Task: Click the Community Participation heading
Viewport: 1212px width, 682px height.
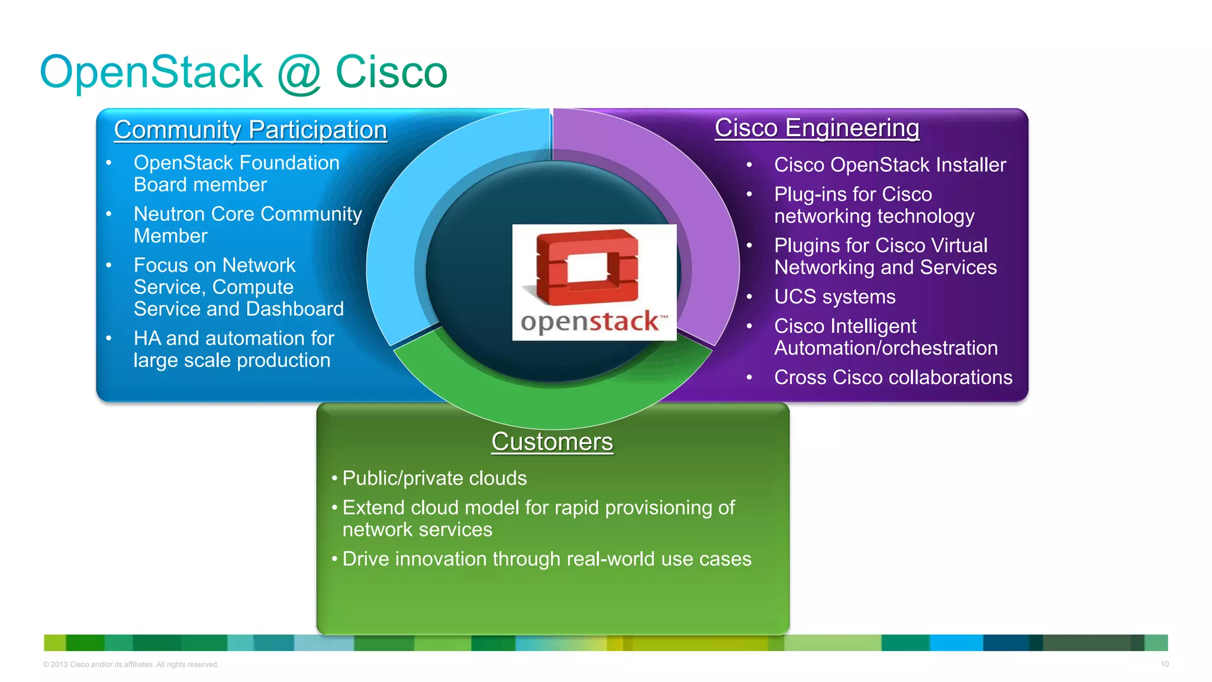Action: (x=250, y=130)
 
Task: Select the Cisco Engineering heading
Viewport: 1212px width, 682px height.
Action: (x=817, y=128)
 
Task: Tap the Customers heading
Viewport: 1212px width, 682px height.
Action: (x=552, y=442)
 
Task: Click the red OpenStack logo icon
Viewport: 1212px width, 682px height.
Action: (x=587, y=267)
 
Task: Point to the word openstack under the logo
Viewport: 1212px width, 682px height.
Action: (x=590, y=322)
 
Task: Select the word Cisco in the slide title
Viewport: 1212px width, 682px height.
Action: (x=391, y=72)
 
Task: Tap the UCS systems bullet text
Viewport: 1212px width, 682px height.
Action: (x=834, y=297)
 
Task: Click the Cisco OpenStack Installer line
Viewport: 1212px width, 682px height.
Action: (x=889, y=165)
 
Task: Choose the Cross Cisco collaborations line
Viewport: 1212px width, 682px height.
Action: (x=893, y=377)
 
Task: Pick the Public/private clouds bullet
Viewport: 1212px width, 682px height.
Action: (x=434, y=478)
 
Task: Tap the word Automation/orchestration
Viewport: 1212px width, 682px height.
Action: (x=886, y=348)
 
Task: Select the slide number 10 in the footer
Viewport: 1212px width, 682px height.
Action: (x=1164, y=664)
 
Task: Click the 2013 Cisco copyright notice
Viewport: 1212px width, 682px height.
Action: (x=131, y=664)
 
